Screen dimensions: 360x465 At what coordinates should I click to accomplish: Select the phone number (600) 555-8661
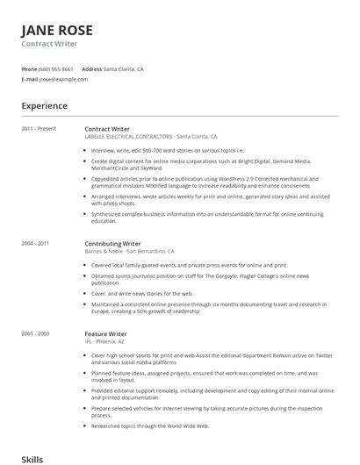56,68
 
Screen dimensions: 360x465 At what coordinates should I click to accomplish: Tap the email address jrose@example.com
63,79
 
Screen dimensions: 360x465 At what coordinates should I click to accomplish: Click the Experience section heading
45,106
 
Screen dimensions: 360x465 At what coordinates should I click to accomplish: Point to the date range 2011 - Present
39,129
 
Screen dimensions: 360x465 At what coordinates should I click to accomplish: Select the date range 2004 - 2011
35,243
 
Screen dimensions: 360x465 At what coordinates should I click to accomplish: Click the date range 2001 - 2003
35,334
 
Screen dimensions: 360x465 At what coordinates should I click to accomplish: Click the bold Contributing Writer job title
112,243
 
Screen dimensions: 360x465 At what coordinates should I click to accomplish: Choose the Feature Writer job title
105,334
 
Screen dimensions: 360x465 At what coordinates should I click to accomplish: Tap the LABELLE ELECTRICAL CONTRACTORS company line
128,137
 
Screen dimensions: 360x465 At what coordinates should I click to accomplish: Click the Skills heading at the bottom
32,459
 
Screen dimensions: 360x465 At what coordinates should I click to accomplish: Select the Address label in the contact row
91,68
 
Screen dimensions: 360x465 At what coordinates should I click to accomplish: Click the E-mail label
30,79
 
